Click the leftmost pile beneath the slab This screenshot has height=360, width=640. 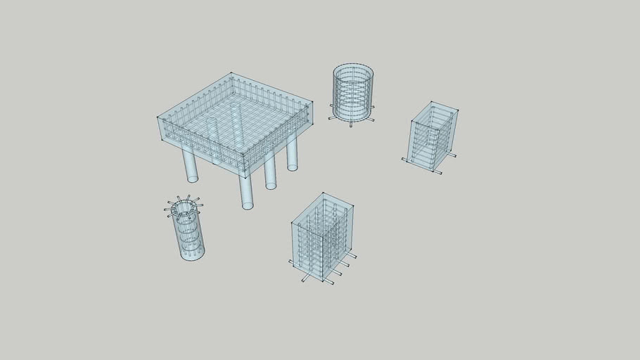[x=189, y=165]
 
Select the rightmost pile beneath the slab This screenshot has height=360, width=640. [x=292, y=153]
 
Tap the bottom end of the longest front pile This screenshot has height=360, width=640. [x=248, y=206]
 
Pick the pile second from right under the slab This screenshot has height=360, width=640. [x=270, y=172]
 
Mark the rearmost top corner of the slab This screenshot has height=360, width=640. [x=231, y=73]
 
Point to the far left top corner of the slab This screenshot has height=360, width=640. [x=158, y=115]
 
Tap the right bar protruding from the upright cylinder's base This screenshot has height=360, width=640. [x=369, y=118]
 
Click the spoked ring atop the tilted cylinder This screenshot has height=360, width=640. [x=184, y=207]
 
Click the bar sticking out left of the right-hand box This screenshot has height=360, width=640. [x=406, y=160]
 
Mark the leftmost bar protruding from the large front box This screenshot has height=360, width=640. [x=292, y=263]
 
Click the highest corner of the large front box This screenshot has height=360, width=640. [x=323, y=193]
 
